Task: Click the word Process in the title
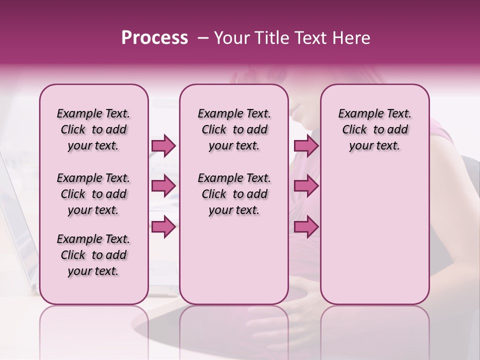(x=154, y=38)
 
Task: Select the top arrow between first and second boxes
(x=163, y=145)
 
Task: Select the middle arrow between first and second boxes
(x=163, y=186)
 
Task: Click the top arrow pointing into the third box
(x=306, y=145)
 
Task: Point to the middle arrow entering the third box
(x=306, y=186)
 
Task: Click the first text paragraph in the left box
(x=93, y=129)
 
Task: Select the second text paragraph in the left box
(x=93, y=194)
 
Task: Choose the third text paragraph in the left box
(x=93, y=255)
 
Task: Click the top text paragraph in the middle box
(x=234, y=129)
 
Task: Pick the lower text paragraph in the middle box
(x=234, y=194)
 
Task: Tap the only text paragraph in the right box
(x=374, y=129)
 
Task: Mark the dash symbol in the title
(x=202, y=38)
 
